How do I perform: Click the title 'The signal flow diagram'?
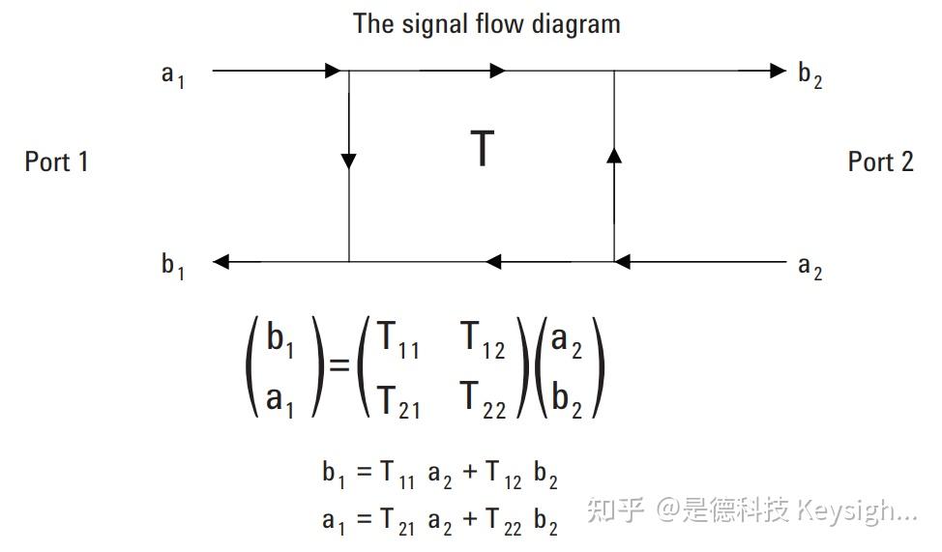pyautogui.click(x=486, y=23)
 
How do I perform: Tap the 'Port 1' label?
pyautogui.click(x=56, y=161)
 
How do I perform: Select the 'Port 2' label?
pyautogui.click(x=880, y=161)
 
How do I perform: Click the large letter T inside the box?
pyautogui.click(x=483, y=149)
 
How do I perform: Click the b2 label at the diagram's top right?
pyautogui.click(x=810, y=74)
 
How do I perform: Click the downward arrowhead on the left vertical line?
pyautogui.click(x=348, y=160)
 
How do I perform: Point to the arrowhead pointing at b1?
pyautogui.click(x=221, y=261)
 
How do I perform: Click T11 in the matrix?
pyautogui.click(x=397, y=340)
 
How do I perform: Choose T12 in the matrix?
pyautogui.click(x=483, y=340)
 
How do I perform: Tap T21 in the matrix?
pyautogui.click(x=397, y=398)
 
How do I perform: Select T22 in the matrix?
pyautogui.click(x=483, y=398)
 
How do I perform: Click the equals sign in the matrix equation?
pyautogui.click(x=339, y=368)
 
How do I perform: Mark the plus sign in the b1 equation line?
pyautogui.click(x=470, y=474)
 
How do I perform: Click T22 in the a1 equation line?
pyautogui.click(x=504, y=521)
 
